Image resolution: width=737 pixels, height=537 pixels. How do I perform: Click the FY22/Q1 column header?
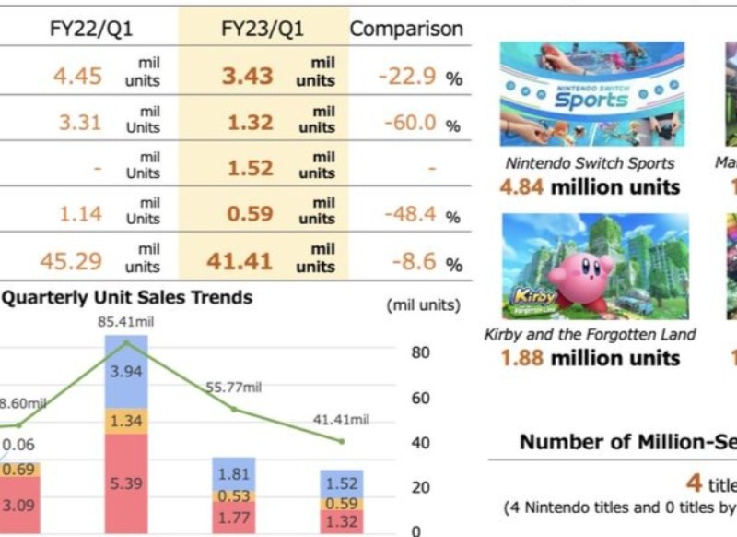coord(91,29)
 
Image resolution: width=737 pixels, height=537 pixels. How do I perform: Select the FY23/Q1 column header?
coord(263,29)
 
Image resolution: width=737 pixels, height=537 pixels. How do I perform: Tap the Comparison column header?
coord(406,29)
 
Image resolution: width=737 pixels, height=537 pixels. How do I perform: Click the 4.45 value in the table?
coord(77,76)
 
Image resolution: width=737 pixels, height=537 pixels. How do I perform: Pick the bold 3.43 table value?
coord(247,76)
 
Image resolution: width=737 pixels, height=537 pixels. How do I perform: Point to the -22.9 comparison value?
coord(406,76)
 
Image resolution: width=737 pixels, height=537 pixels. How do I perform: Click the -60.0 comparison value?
coord(406,123)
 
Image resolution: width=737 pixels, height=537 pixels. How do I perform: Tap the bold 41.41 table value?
coord(240,262)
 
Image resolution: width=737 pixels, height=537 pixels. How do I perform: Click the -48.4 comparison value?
coord(406,215)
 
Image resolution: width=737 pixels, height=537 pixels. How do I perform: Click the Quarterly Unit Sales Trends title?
coord(127,297)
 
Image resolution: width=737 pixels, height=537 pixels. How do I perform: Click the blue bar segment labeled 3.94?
coord(126,372)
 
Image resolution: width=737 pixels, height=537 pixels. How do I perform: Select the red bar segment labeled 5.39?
coord(126,483)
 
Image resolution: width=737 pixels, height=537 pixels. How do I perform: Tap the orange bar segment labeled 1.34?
coord(126,422)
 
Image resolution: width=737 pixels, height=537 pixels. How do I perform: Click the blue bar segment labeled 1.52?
coord(342,483)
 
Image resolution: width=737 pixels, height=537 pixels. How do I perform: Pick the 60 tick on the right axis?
coord(420,398)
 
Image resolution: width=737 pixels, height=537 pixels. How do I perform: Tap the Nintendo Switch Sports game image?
coord(591,93)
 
